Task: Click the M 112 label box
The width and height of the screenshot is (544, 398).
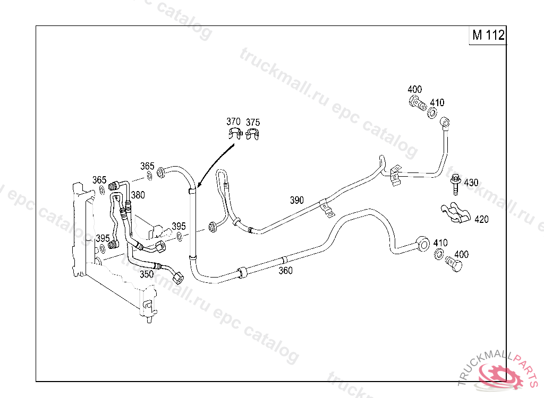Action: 488,36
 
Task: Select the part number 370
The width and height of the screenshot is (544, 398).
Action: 233,122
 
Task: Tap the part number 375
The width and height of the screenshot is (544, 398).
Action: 253,123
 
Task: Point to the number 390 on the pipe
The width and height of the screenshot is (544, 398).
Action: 297,200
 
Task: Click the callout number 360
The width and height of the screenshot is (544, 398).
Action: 285,271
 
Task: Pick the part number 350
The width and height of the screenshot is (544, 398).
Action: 147,274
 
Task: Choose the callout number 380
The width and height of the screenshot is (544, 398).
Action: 138,195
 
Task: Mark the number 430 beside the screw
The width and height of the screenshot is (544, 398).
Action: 471,183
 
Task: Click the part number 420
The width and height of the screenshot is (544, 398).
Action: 481,219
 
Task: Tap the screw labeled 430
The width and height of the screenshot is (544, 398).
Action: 454,183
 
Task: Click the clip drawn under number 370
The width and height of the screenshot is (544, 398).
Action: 234,134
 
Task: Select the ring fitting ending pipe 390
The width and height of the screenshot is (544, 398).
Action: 445,123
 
